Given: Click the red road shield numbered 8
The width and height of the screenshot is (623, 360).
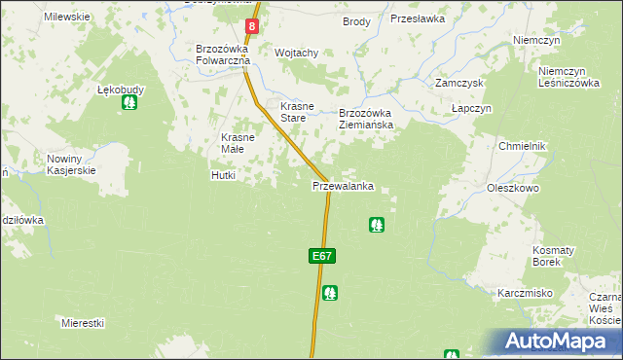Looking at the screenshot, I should (252, 27).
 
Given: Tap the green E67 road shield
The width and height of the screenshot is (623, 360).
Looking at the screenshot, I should (323, 256).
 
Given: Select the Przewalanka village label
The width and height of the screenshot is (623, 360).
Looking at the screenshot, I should (344, 186).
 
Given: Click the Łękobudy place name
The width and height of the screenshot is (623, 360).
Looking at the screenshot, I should (121, 90).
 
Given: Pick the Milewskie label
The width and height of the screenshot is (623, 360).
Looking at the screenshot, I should (67, 18).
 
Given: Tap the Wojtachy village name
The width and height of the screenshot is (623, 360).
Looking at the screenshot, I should (298, 53).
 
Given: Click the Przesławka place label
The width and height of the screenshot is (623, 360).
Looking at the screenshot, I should (417, 18).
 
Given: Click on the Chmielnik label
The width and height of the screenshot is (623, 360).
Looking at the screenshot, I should (523, 146).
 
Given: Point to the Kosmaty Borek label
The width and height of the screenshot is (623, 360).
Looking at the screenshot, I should (553, 256).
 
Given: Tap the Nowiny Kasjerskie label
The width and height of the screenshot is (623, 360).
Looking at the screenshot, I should (70, 164).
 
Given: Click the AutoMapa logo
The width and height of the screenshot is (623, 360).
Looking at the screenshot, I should (559, 341).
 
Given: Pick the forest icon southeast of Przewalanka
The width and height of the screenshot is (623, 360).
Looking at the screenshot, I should (376, 225).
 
